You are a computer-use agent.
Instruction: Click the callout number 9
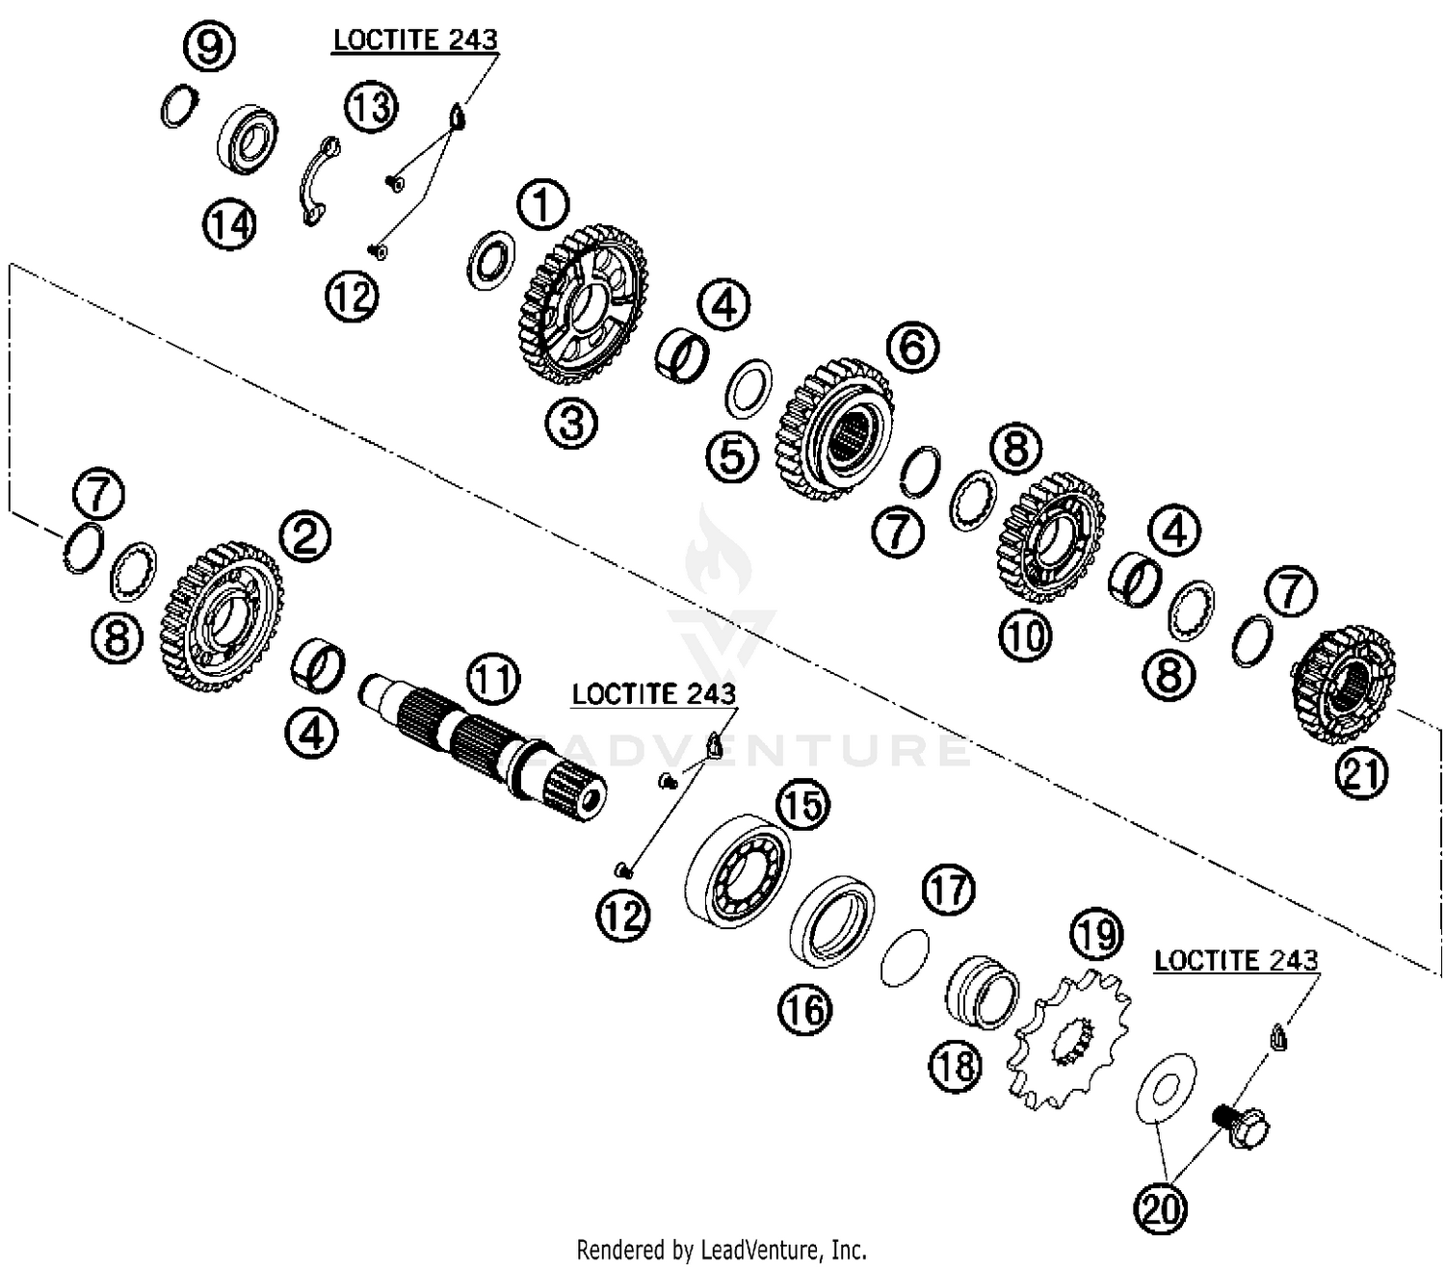209,45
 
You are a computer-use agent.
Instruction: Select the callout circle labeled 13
371,106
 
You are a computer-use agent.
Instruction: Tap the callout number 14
229,225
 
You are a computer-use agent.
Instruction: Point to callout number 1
542,206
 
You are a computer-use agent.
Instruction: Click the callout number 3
571,423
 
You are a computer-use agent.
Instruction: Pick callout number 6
912,347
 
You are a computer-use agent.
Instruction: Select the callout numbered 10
1025,635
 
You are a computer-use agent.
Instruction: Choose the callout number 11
492,679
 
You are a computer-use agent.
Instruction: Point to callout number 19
1096,934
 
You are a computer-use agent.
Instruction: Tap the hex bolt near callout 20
1239,1126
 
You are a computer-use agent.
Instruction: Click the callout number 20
1160,1206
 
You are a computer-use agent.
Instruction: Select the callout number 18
956,1065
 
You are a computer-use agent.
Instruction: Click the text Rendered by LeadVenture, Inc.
722,1250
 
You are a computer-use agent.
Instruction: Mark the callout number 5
732,455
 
